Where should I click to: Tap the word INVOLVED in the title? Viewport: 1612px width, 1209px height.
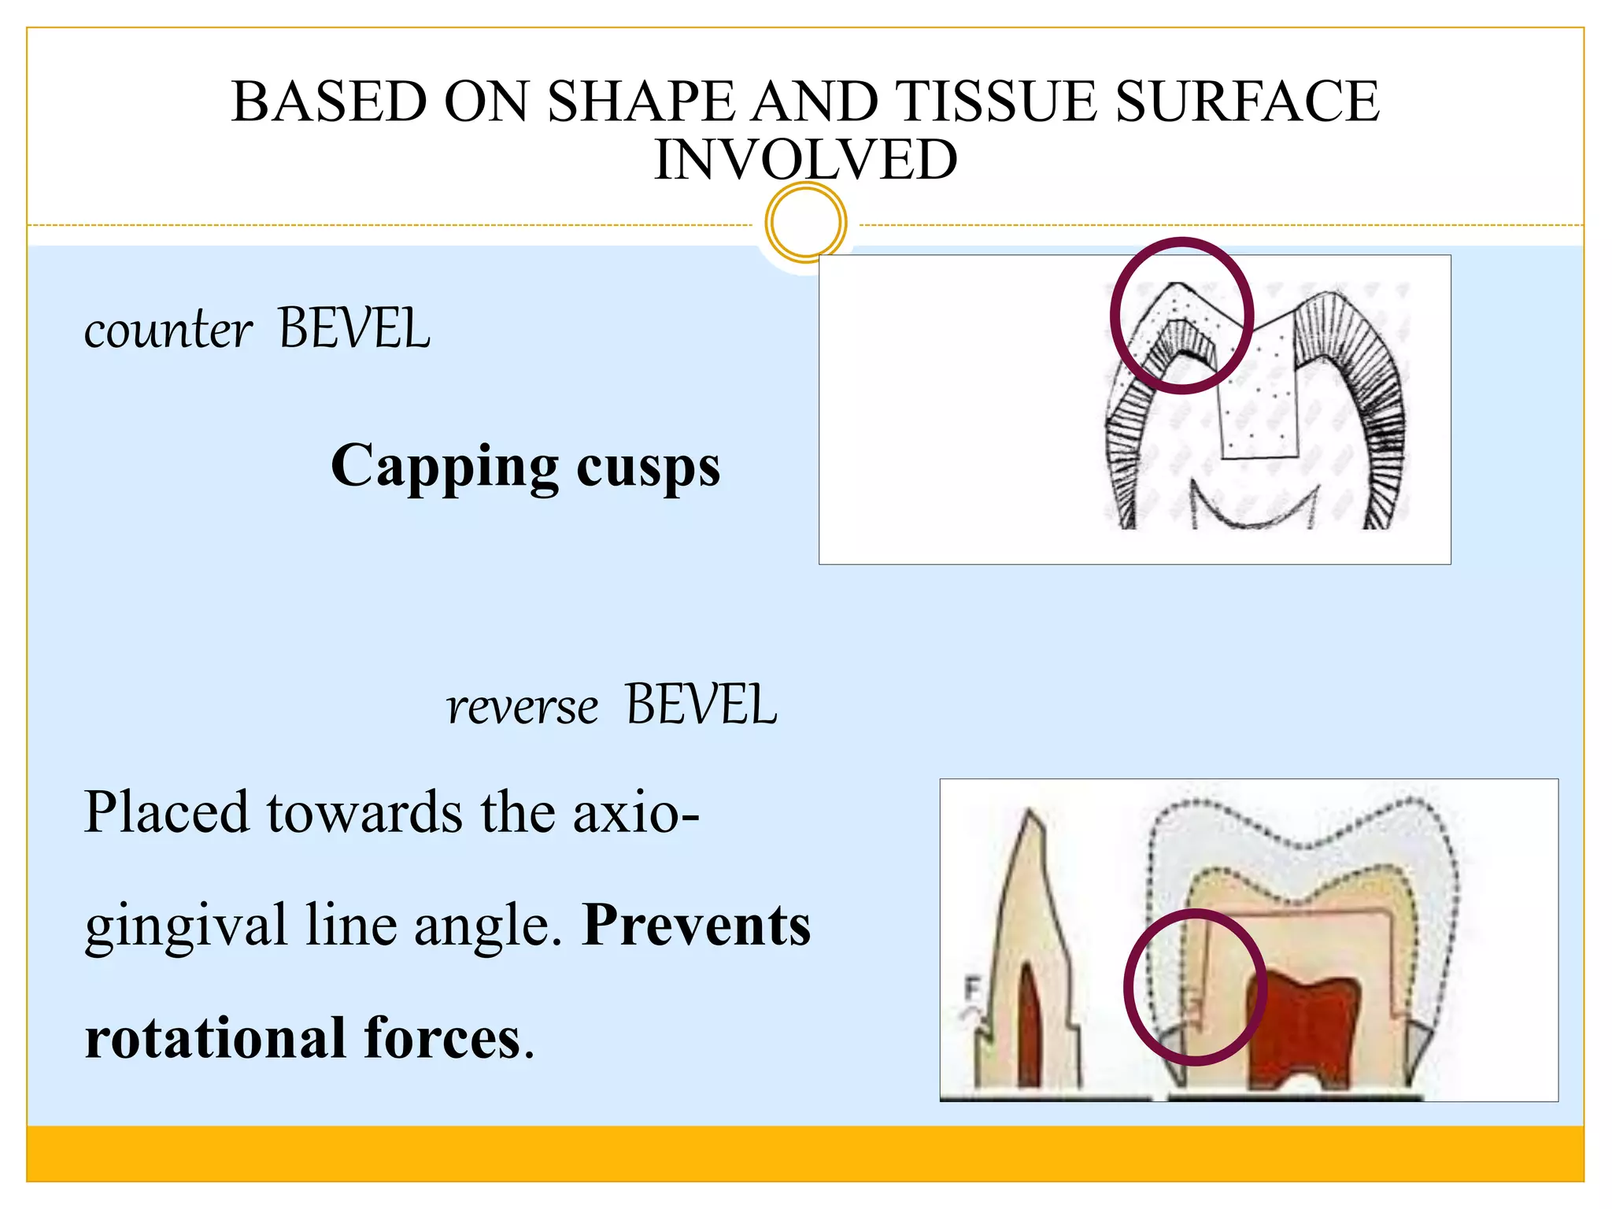(805, 160)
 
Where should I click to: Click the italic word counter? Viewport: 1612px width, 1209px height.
(168, 331)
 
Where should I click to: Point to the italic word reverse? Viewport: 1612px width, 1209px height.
(522, 707)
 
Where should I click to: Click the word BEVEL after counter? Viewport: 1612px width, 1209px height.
(354, 329)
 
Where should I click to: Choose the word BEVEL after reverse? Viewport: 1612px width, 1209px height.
(701, 705)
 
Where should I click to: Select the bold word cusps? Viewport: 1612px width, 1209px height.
(648, 468)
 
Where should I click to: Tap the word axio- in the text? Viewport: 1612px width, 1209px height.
(636, 813)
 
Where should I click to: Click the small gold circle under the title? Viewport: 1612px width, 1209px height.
(805, 223)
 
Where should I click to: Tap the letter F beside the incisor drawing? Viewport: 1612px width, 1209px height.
(973, 987)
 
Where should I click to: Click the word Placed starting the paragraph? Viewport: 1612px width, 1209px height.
(166, 813)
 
